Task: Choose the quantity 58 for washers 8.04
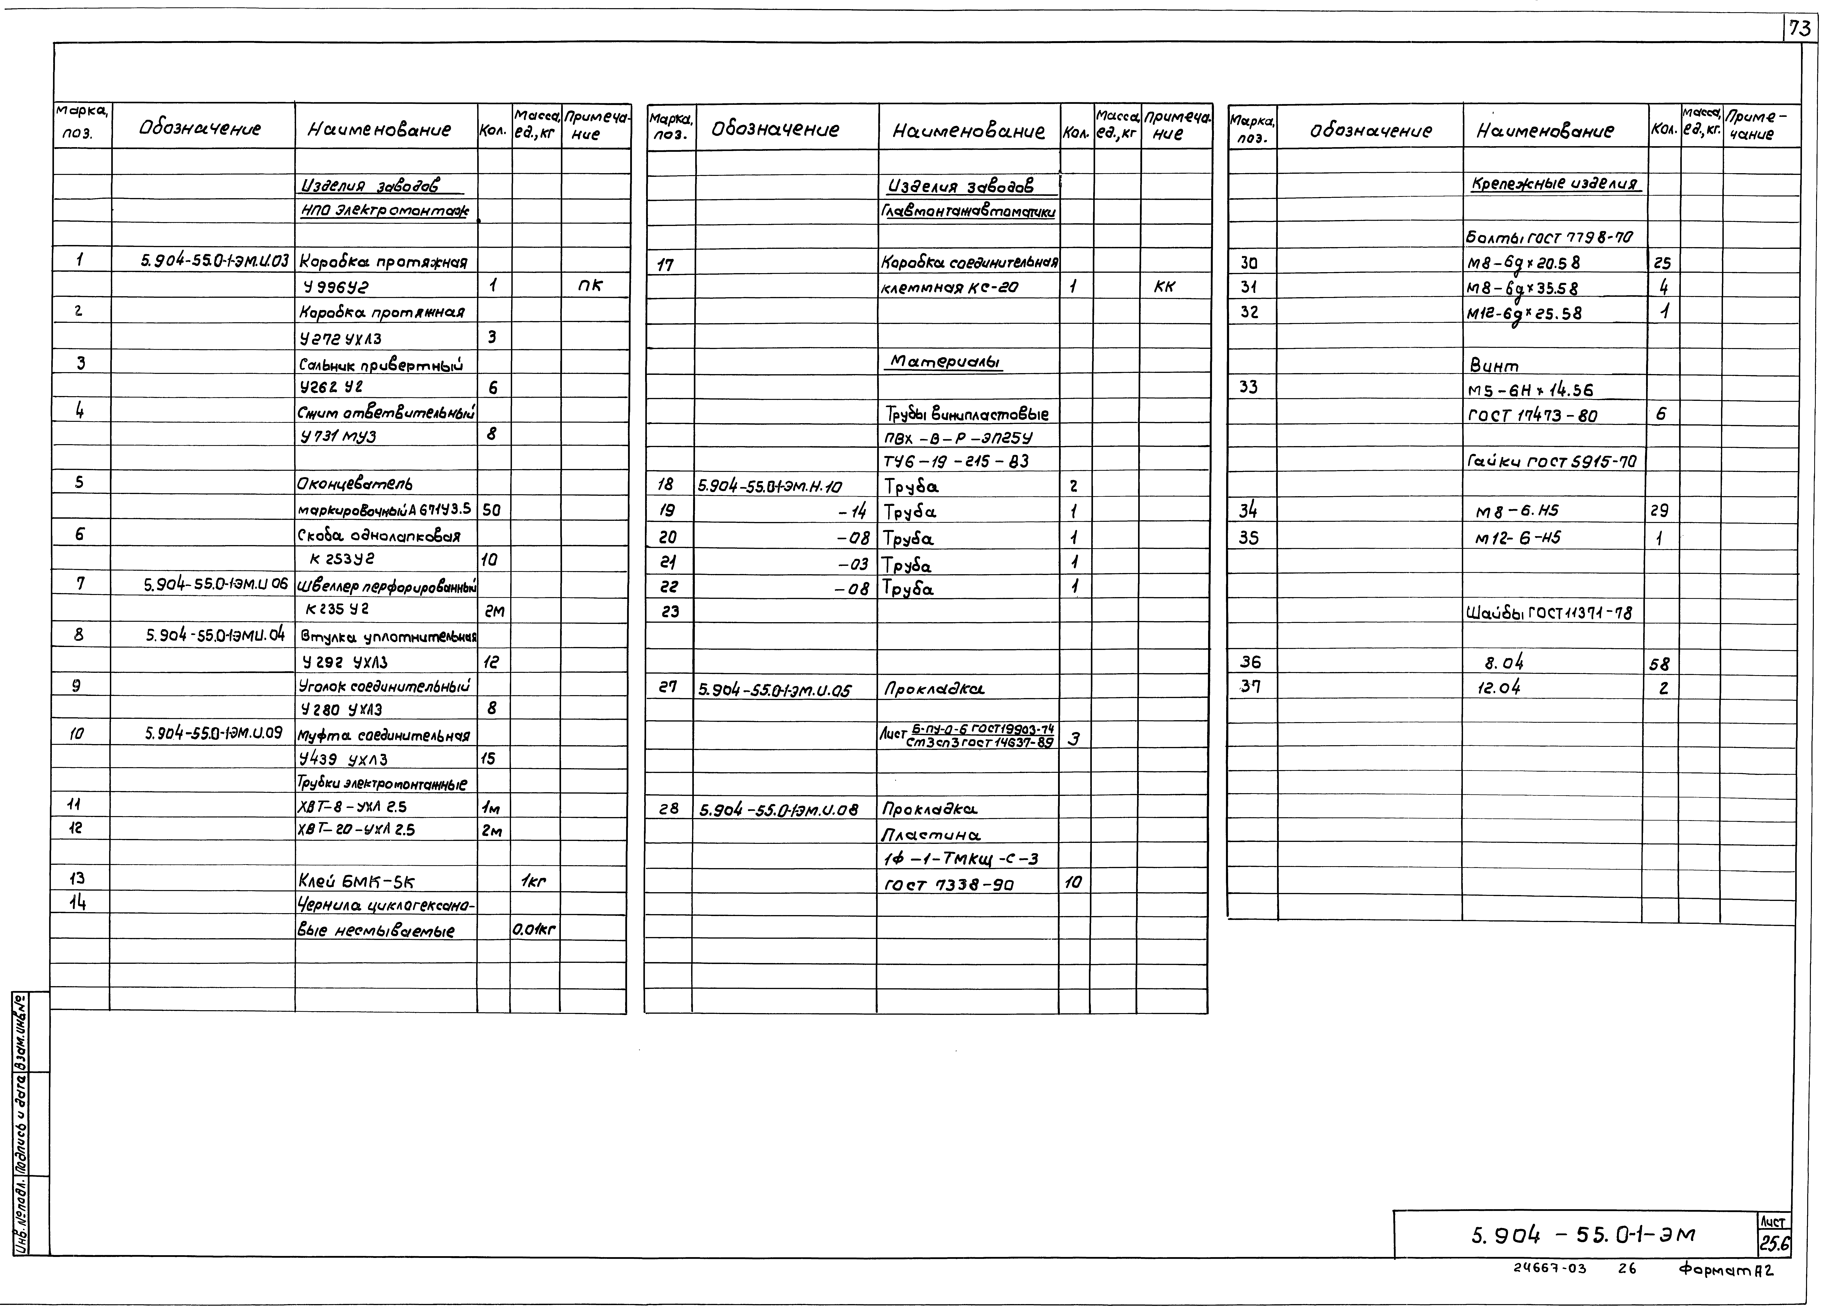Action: click(x=1660, y=664)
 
